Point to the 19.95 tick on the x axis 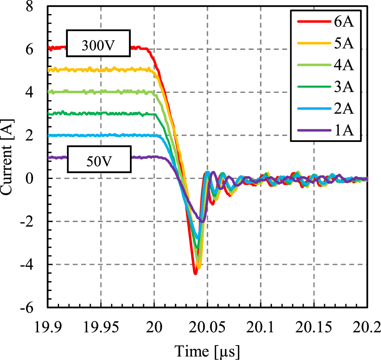pos(101,327)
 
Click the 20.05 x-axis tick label pos(207,327)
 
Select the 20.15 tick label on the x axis pos(314,327)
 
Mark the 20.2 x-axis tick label pos(366,327)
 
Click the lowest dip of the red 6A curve pos(195,273)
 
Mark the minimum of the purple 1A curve pos(202,221)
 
